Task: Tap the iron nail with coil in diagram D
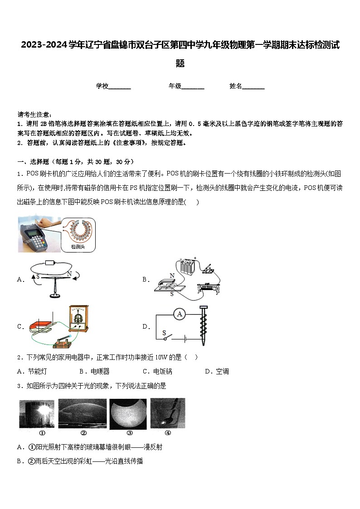[x=203, y=330]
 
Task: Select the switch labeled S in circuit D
[x=168, y=337]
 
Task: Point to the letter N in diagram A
[x=69, y=273]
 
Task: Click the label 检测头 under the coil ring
[x=78, y=247]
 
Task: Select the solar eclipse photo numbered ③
[x=128, y=413]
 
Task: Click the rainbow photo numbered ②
[x=82, y=413]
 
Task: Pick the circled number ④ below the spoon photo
[x=167, y=432]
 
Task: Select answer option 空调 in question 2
[x=222, y=372]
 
